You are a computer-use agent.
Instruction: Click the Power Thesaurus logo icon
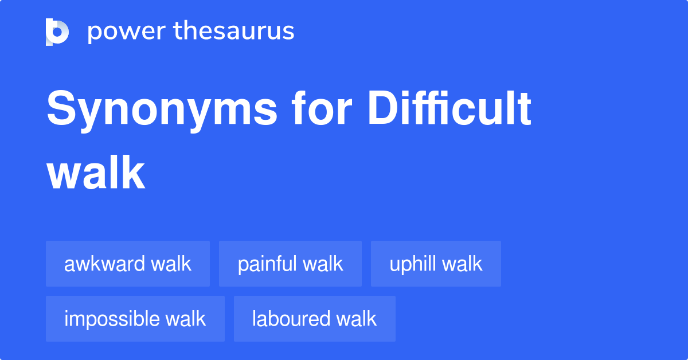(57, 32)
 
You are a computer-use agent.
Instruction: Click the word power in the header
(127, 32)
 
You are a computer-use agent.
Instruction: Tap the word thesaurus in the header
(234, 30)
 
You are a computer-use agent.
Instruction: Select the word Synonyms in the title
(162, 111)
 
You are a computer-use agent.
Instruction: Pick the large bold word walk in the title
(96, 173)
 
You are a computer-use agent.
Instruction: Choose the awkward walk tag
(128, 264)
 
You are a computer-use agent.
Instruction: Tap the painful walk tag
(290, 264)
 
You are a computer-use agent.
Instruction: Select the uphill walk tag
(436, 264)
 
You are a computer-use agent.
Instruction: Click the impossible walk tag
(135, 319)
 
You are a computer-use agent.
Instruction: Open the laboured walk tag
(315, 319)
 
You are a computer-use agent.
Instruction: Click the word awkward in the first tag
(104, 264)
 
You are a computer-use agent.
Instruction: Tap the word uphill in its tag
(412, 264)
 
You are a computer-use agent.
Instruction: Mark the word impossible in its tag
(112, 319)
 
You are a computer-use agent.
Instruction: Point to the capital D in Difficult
(384, 108)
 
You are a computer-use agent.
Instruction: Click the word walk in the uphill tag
(462, 264)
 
